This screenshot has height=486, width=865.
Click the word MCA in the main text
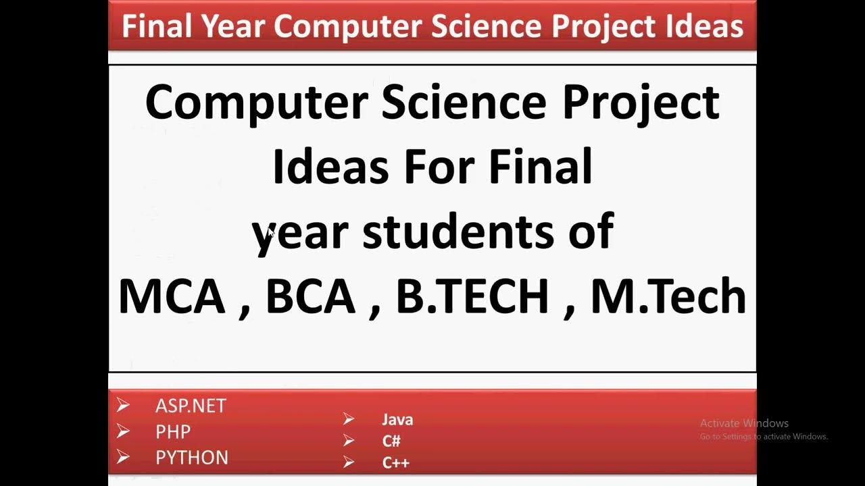172,297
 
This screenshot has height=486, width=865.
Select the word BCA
310,297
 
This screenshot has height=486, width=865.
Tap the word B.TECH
472,297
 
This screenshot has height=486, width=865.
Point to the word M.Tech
668,297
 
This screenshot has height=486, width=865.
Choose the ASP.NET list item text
191,406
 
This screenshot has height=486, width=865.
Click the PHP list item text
173,431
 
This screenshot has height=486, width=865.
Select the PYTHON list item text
192,458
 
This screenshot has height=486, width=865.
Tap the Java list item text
397,420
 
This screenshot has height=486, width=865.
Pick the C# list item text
391,441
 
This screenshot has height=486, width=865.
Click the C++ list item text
396,463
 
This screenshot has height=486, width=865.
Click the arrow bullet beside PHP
123,431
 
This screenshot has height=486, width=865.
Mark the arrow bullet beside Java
349,419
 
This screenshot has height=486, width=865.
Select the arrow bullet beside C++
349,462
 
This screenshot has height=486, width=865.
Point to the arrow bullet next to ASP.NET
123,406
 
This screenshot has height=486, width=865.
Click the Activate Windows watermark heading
744,423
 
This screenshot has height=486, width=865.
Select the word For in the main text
442,167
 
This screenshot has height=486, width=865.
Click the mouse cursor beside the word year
270,232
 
